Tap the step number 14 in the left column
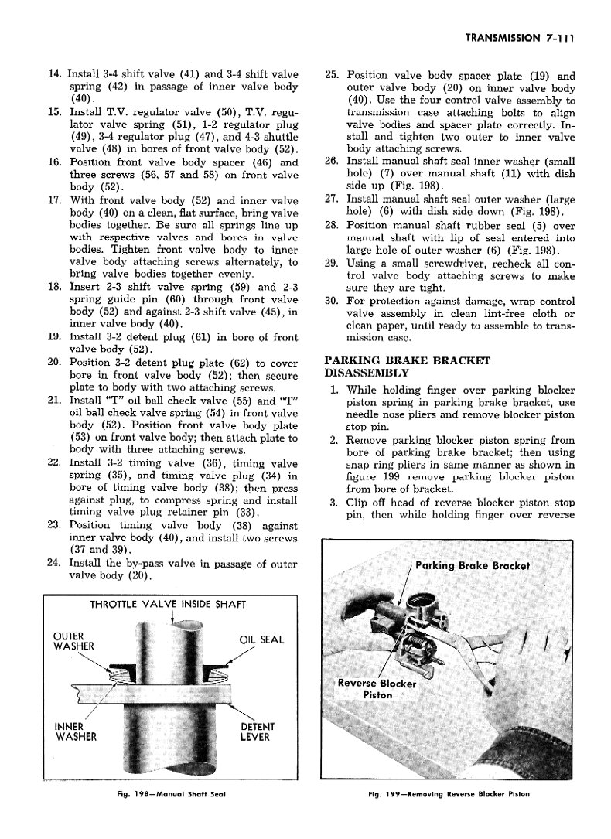tap(54, 75)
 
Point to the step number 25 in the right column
tap(332, 76)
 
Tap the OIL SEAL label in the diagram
tap(262, 639)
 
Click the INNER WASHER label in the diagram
tap(75, 732)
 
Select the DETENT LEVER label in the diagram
tap(258, 732)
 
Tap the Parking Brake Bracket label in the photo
tap(472, 565)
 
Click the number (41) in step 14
tap(193, 75)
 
